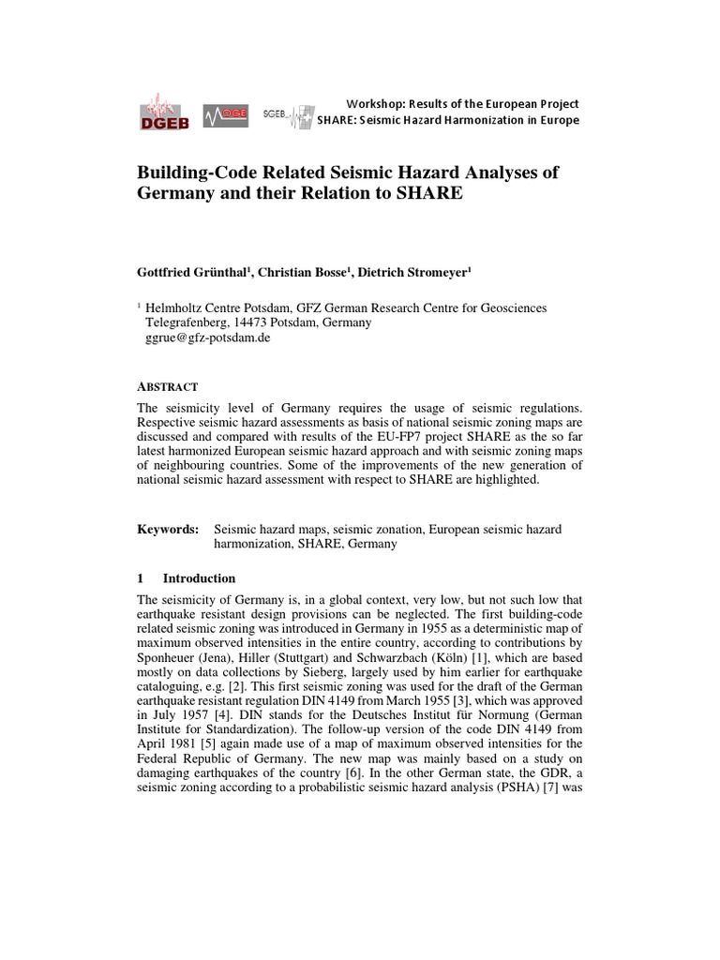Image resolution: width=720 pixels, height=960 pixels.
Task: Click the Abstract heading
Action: tap(167, 386)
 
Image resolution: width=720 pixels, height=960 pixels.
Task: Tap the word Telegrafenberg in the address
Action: tap(185, 322)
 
